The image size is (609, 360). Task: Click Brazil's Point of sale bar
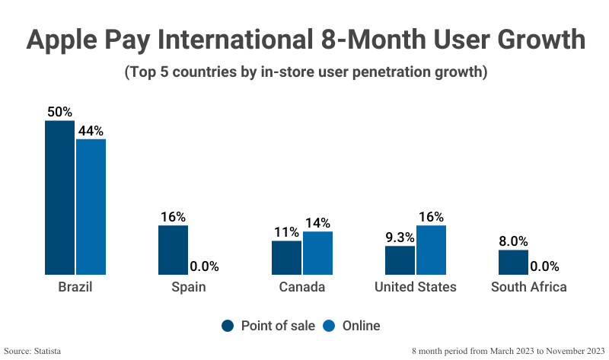pos(59,197)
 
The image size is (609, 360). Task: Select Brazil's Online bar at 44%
pos(91,206)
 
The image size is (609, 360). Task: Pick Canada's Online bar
pos(317,253)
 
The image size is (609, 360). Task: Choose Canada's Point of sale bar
pos(286,257)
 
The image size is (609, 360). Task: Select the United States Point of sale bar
pos(400,260)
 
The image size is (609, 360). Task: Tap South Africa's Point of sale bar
pos(513,262)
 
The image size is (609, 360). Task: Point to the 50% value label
pos(59,112)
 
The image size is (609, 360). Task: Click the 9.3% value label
pos(400,237)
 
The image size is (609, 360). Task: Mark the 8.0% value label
pos(513,241)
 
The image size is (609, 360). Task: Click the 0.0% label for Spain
pos(204,266)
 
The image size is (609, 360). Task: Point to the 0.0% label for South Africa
pos(544,266)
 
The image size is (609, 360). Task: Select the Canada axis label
pos(301,287)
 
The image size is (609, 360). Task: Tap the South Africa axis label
pos(528,287)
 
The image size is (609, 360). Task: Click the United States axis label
pos(415,287)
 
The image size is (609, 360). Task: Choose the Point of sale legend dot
pos(228,326)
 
